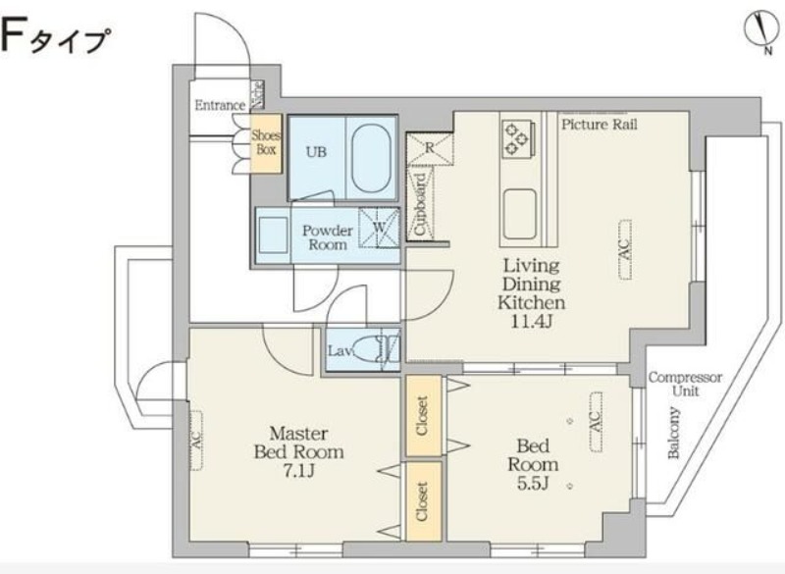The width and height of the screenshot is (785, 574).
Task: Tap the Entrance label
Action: (220, 106)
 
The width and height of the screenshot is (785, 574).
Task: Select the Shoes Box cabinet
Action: (266, 143)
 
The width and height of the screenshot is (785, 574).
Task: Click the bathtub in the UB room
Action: (371, 158)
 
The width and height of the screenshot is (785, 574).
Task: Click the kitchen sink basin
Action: (520, 214)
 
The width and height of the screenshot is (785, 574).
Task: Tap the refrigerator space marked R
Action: (430, 148)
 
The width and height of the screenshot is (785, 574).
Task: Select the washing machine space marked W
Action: (379, 228)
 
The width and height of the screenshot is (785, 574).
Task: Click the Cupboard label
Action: (421, 204)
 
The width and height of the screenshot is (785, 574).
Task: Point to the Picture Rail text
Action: (600, 124)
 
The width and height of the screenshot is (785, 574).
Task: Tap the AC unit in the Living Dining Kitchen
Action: (624, 249)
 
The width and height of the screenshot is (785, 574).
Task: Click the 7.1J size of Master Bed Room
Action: (298, 471)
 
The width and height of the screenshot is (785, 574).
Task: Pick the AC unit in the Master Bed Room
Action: (195, 441)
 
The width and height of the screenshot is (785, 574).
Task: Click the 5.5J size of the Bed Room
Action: (533, 484)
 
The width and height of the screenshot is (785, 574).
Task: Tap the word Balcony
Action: (674, 433)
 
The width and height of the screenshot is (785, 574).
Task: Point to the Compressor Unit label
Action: (685, 384)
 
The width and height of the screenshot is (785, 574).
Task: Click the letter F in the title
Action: (11, 35)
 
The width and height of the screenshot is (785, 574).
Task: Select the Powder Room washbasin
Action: (273, 235)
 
